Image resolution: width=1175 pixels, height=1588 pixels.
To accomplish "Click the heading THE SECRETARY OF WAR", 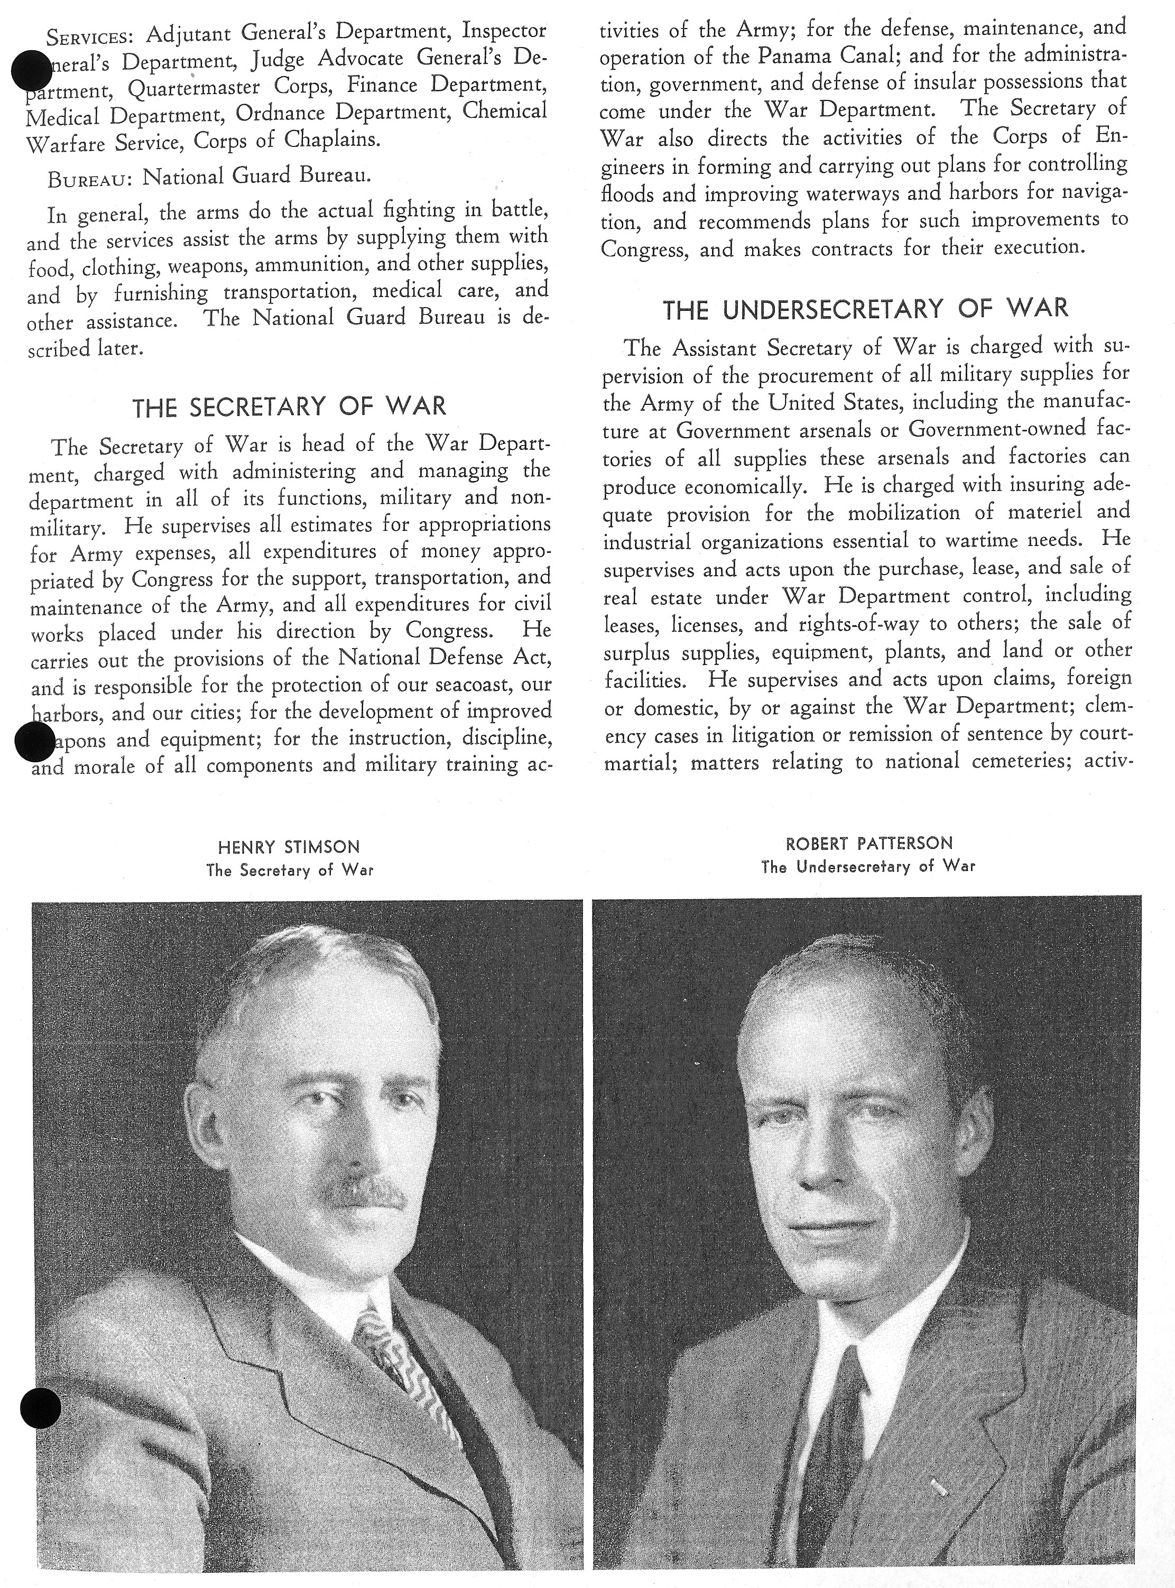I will [290, 407].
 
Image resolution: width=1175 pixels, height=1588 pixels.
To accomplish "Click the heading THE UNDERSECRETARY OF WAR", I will [866, 309].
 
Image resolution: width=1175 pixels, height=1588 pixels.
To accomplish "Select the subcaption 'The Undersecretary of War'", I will [868, 866].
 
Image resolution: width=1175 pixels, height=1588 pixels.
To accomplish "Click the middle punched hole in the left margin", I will [35, 741].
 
